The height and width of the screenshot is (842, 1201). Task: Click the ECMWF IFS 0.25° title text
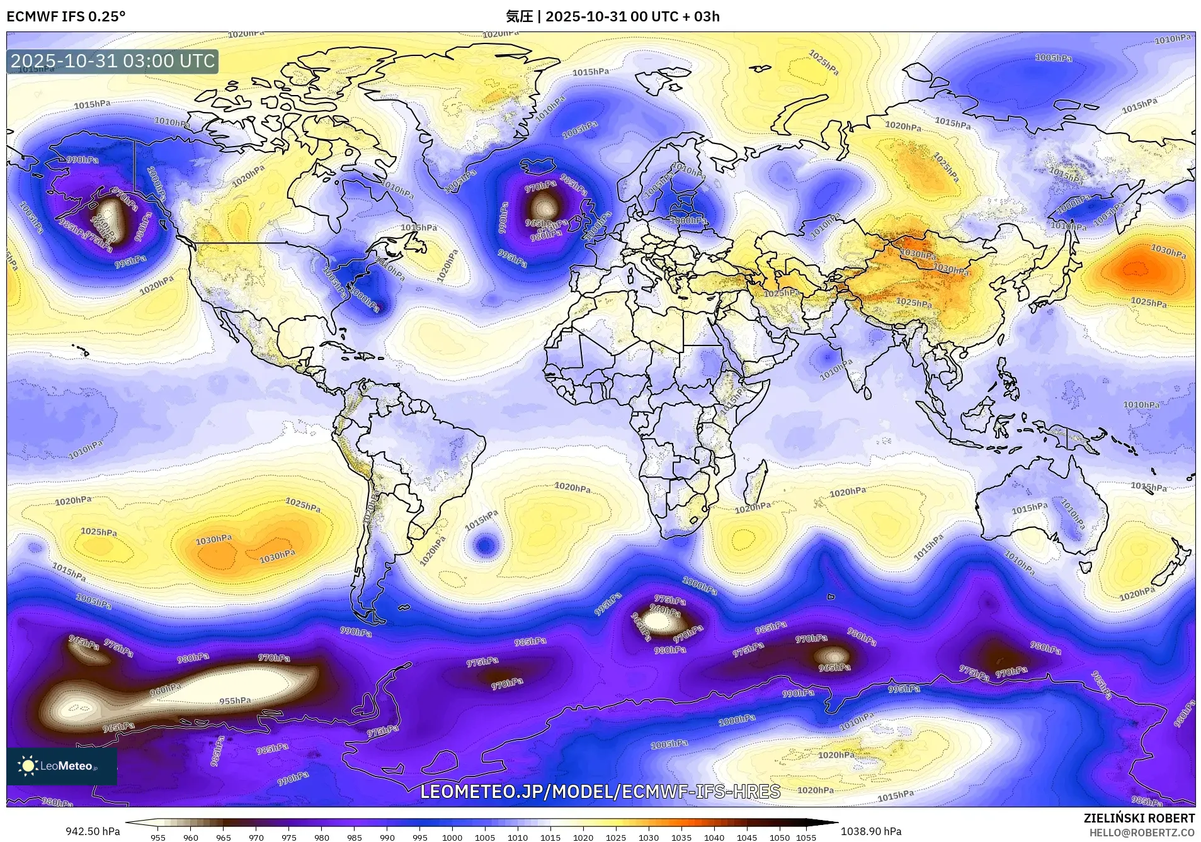[x=65, y=16]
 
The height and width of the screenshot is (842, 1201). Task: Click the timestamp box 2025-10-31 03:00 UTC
[x=113, y=61]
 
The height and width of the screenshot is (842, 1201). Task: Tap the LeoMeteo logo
[x=61, y=765]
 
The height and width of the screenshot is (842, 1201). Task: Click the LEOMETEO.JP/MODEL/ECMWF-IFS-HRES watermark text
[x=600, y=791]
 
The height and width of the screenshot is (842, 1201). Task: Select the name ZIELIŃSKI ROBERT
[x=1139, y=818]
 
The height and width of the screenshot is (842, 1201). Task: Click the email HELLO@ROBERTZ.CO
[x=1142, y=833]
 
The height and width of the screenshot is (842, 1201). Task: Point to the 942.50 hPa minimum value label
[x=93, y=831]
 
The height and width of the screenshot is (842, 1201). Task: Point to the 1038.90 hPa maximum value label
[x=871, y=831]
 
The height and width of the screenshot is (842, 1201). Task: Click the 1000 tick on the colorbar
[x=452, y=837]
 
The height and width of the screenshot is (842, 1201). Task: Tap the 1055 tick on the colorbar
[x=805, y=837]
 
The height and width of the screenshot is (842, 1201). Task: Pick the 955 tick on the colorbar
[x=158, y=837]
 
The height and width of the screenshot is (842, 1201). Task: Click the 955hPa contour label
[x=235, y=700]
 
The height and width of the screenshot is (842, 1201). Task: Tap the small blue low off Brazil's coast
[x=484, y=544]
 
